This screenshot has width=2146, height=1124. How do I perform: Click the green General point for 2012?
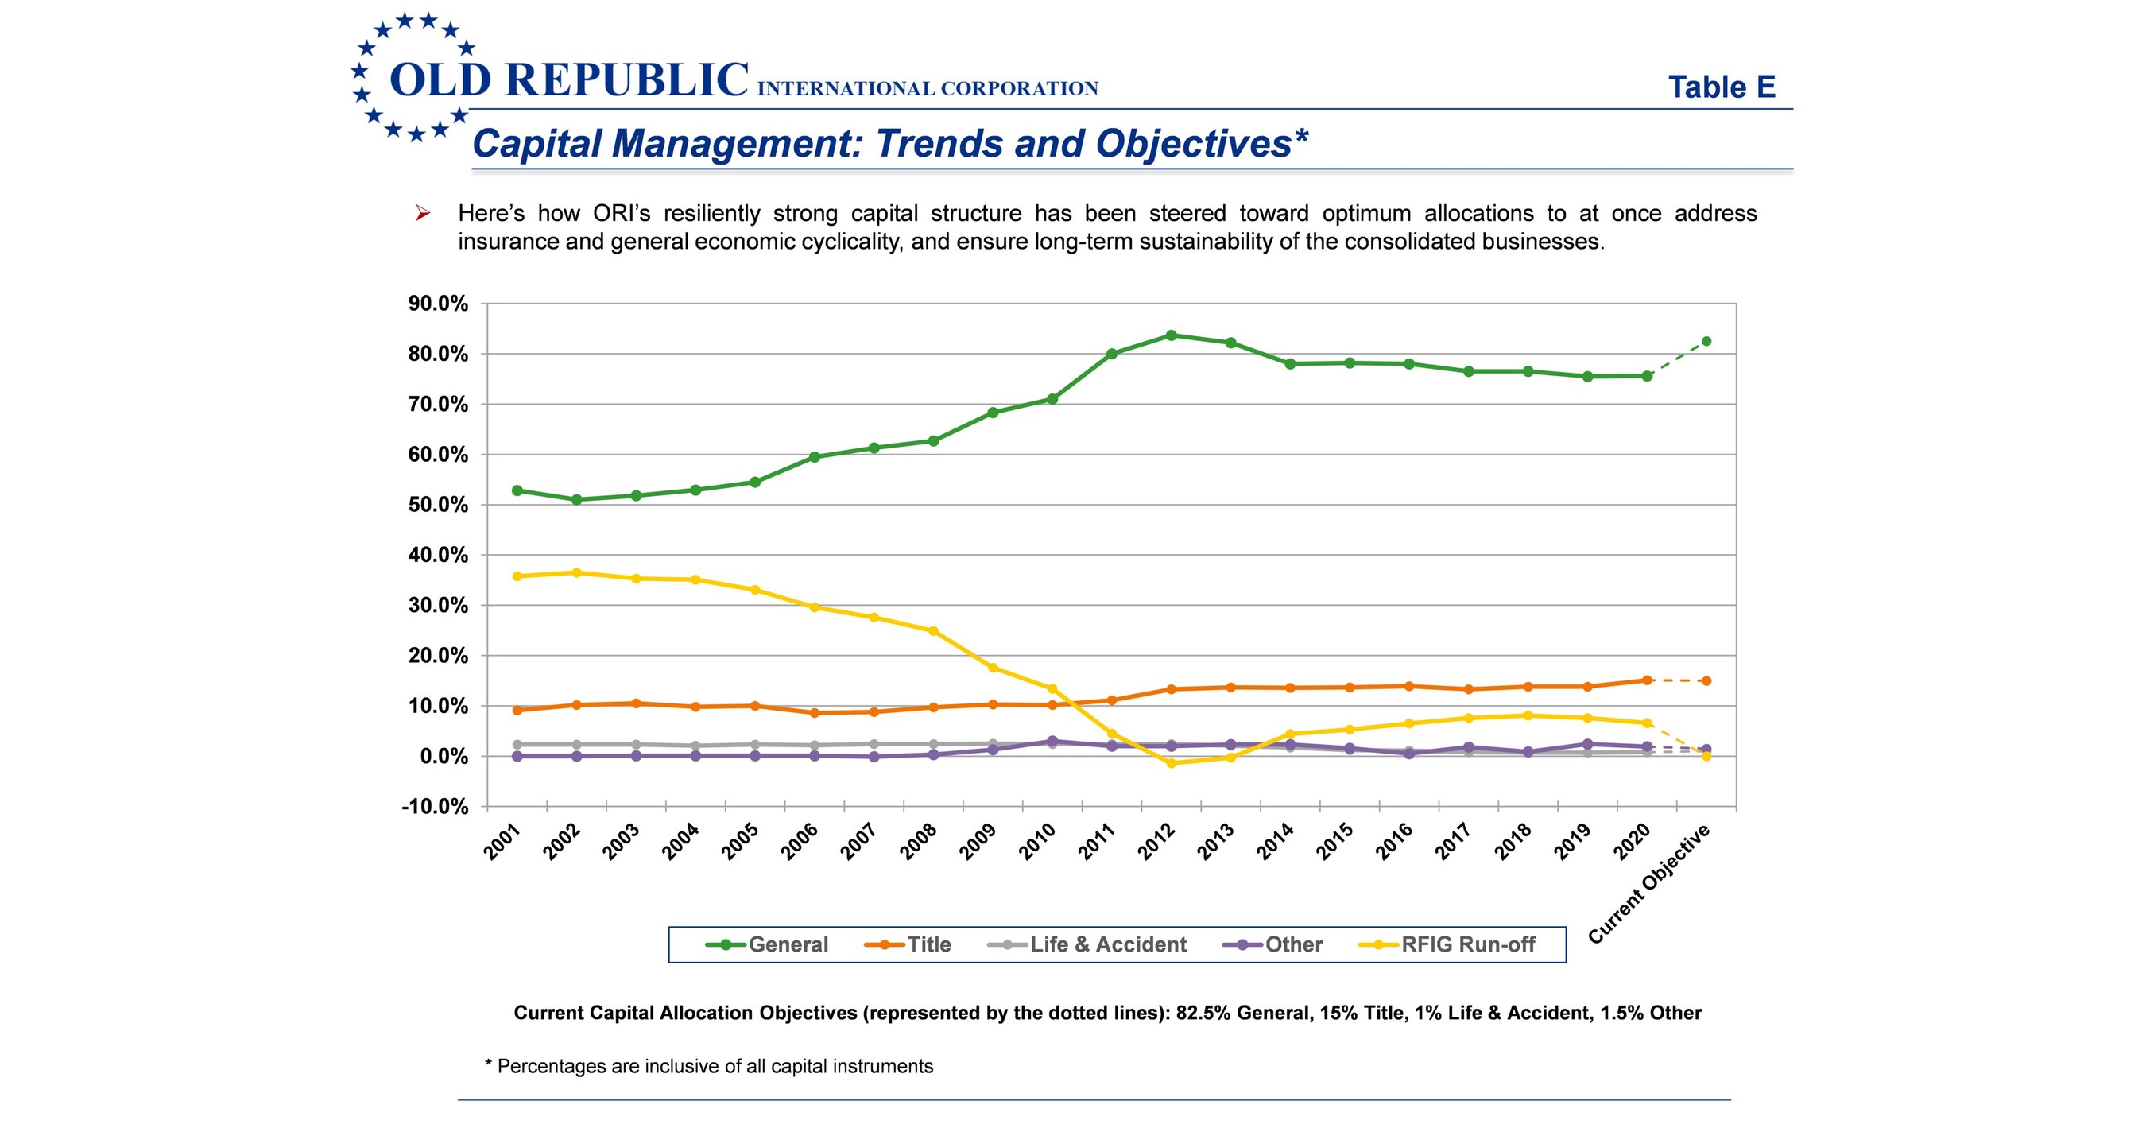point(1171,335)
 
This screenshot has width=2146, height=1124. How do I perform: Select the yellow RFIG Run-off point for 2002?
point(576,572)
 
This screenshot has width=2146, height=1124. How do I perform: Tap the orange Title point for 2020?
point(1646,680)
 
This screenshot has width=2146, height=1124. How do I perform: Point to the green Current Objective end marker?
point(1706,341)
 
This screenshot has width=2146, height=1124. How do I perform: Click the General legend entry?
point(767,944)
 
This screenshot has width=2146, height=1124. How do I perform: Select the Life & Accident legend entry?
point(1087,944)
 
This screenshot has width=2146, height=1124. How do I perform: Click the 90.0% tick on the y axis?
point(438,304)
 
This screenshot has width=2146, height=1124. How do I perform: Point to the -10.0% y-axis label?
point(435,807)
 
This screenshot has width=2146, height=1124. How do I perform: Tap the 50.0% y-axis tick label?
point(438,505)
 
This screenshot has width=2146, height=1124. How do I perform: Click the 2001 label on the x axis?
point(502,841)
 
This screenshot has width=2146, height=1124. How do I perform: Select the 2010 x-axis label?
point(1037,841)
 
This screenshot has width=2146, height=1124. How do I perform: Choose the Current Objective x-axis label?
point(1649,883)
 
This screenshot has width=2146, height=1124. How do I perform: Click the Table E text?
point(1721,87)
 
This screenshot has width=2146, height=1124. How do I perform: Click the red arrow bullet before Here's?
point(422,214)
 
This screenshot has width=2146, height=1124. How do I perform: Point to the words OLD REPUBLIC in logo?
point(569,80)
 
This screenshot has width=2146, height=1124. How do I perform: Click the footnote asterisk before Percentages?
point(488,1064)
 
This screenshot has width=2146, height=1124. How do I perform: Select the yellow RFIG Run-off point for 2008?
point(933,630)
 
